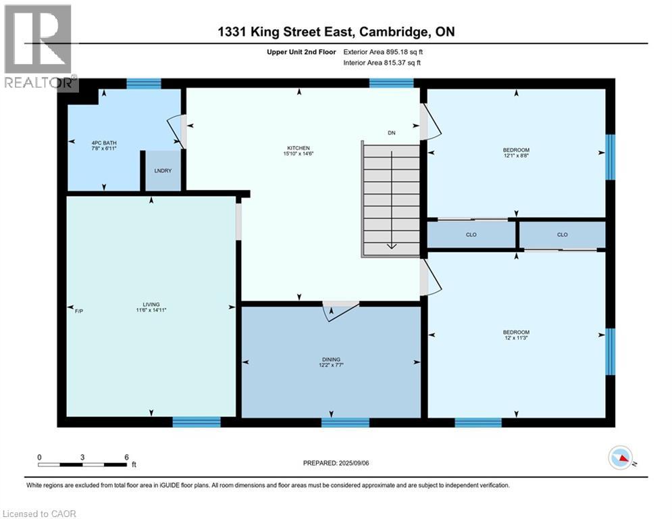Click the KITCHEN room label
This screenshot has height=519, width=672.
pos(299,148)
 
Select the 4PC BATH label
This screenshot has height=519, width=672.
pos(104,143)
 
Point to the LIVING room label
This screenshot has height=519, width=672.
pos(151,305)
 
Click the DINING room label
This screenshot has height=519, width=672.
pos(331,360)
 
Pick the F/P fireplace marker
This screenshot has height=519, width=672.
pos(78,310)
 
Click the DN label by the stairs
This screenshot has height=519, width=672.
pos(391,133)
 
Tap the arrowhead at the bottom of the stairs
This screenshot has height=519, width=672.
pos(392,246)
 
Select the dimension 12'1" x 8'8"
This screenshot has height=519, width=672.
pos(516,156)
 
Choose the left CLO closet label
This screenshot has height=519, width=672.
pos(471,235)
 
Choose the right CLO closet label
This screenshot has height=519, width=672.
pos(563,235)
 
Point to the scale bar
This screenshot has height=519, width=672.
pos(82,465)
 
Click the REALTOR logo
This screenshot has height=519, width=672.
pos(38,47)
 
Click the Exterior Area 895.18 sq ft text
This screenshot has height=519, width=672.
pos(384,51)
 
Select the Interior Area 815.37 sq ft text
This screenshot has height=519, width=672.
pos(384,63)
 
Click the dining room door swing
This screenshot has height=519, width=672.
pos(336,310)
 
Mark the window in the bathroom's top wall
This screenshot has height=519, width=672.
pos(144,84)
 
